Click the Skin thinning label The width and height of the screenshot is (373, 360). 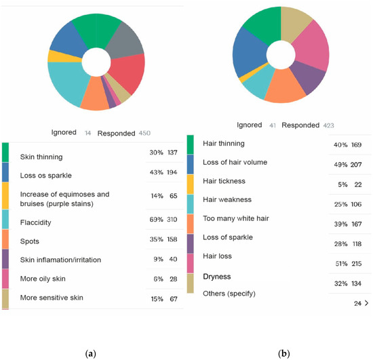[x=41, y=157]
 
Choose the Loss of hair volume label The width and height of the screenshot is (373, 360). [x=235, y=162]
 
